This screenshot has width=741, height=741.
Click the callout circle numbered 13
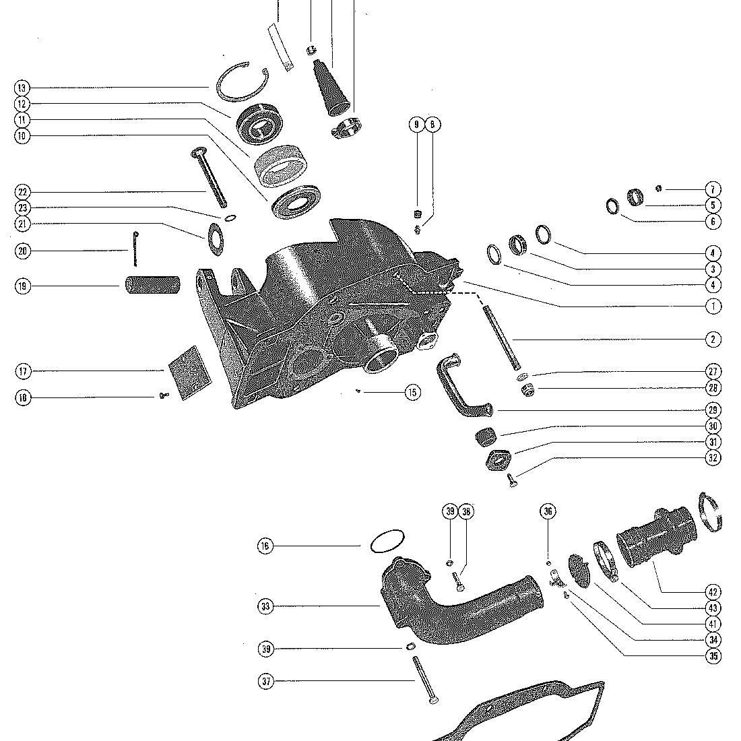(22, 88)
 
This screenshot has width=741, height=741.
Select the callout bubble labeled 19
(22, 286)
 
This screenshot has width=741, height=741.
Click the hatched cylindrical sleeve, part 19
(152, 286)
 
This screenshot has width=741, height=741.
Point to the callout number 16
(265, 546)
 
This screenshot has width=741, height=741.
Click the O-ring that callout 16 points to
(387, 541)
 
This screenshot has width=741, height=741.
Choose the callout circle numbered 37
(265, 682)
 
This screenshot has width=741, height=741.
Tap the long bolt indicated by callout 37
(422, 680)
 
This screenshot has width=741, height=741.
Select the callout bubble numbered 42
(713, 592)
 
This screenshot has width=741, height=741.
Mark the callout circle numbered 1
(713, 306)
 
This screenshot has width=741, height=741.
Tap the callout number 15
(412, 392)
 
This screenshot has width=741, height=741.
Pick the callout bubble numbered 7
(713, 190)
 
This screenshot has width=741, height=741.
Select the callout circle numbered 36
(548, 512)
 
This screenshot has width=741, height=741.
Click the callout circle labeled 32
(713, 458)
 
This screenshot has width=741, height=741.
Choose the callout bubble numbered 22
(22, 192)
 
